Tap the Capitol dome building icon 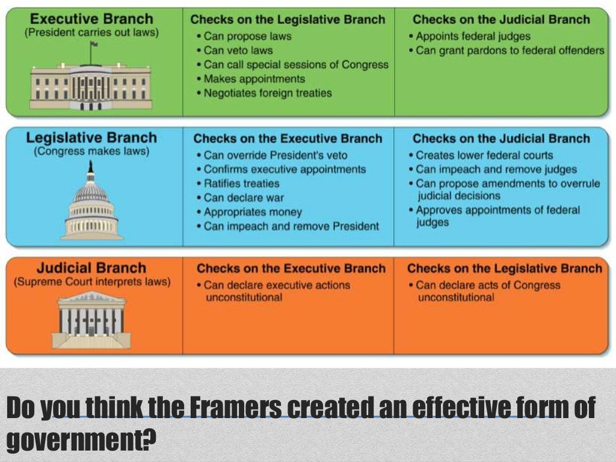tap(91, 205)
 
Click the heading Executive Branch tap(91, 19)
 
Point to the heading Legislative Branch tap(91, 138)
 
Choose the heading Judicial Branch tap(91, 268)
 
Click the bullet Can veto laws tap(238, 51)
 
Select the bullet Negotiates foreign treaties tap(268, 93)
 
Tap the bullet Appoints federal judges tap(473, 37)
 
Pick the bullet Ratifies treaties tap(241, 183)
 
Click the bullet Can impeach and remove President tap(291, 227)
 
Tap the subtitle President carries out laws tap(91, 32)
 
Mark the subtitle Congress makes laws tap(91, 151)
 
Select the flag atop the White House tap(94, 45)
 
